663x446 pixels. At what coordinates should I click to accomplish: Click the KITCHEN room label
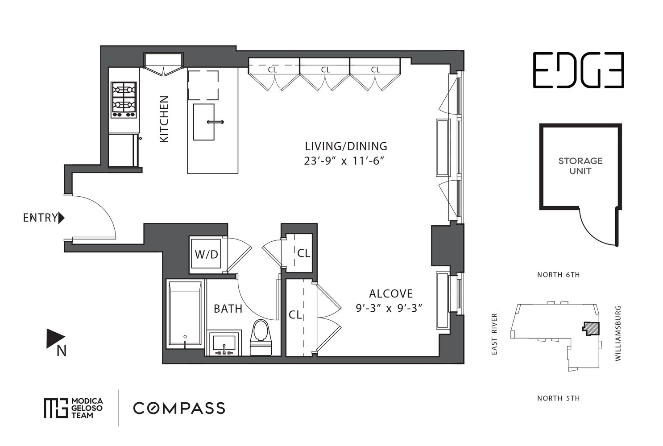pyautogui.click(x=164, y=119)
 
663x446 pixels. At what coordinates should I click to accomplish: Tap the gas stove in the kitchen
pyautogui.click(x=124, y=100)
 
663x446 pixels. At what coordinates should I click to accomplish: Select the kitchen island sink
pyautogui.click(x=203, y=122)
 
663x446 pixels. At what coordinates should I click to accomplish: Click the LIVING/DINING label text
pyautogui.click(x=346, y=146)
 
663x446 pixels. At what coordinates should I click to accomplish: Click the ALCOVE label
pyautogui.click(x=391, y=293)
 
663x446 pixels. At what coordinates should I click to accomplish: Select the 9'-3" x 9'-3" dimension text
pyautogui.click(x=389, y=308)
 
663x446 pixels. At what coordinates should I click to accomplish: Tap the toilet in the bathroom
pyautogui.click(x=261, y=337)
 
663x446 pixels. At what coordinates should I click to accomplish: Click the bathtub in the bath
pyautogui.click(x=185, y=313)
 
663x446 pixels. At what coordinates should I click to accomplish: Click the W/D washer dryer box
pyautogui.click(x=206, y=254)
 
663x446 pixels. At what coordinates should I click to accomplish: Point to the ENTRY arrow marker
pyautogui.click(x=61, y=218)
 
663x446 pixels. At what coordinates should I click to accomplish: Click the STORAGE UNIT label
pyautogui.click(x=580, y=166)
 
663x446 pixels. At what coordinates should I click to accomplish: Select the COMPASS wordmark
pyautogui.click(x=179, y=408)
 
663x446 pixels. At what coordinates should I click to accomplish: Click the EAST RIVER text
pyautogui.click(x=494, y=334)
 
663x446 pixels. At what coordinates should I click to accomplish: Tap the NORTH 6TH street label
pyautogui.click(x=558, y=275)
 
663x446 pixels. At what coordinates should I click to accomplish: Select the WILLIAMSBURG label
pyautogui.click(x=618, y=333)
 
